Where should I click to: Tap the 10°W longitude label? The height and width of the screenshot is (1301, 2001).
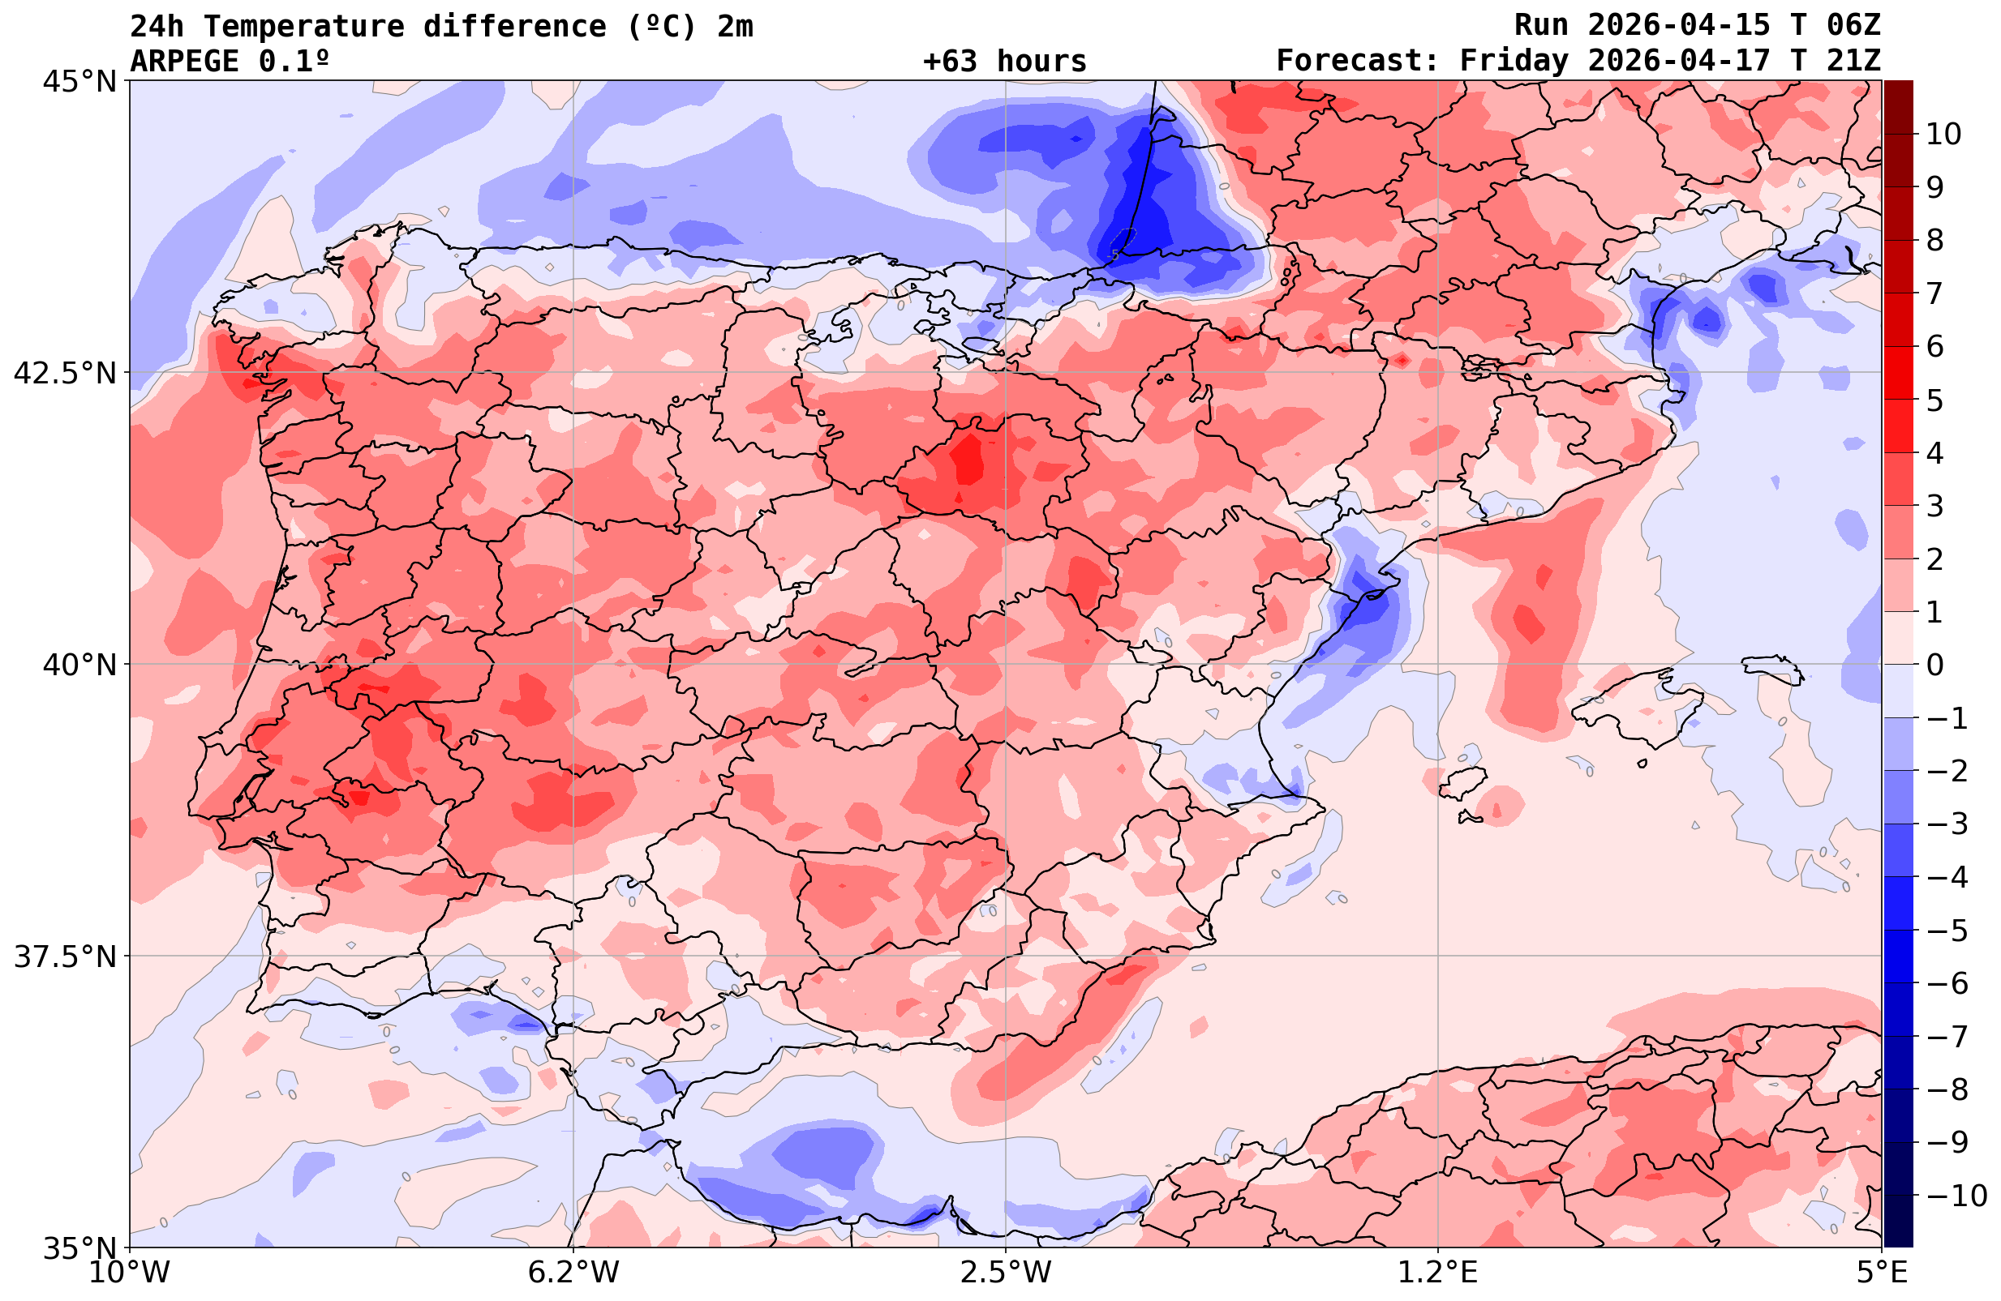[130, 1273]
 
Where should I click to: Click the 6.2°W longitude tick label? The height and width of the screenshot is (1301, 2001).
[573, 1273]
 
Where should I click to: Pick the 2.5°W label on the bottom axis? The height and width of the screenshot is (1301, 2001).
[1006, 1273]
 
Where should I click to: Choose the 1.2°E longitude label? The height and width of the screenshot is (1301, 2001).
[1438, 1273]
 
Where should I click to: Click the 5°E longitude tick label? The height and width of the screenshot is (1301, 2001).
[1882, 1273]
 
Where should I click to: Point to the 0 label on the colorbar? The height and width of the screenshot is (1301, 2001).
[1935, 665]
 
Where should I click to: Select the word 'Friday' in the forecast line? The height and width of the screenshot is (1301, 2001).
[1514, 62]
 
